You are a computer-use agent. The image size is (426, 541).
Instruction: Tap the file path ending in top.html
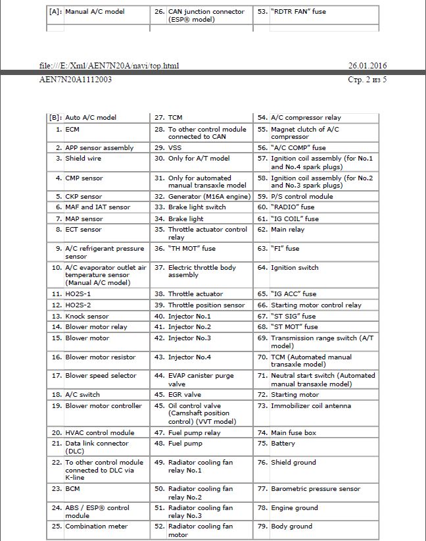[109, 66]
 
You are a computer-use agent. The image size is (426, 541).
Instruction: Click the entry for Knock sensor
[87, 316]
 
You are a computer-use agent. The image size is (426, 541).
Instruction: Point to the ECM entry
[72, 129]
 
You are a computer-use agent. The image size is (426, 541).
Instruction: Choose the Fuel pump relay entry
[195, 432]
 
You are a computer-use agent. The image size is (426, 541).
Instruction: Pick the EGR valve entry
[185, 394]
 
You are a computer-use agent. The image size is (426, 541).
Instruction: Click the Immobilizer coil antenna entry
[311, 405]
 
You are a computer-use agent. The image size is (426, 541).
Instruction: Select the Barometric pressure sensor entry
[316, 488]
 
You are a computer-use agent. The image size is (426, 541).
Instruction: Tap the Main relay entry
[288, 229]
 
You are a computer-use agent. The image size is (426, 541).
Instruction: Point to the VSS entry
[175, 147]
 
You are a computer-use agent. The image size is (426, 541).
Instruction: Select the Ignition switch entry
[295, 267]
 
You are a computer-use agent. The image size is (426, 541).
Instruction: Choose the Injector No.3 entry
[189, 338]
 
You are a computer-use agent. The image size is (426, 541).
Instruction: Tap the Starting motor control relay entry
[316, 305]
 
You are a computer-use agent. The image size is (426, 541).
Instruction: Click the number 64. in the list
[262, 267]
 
